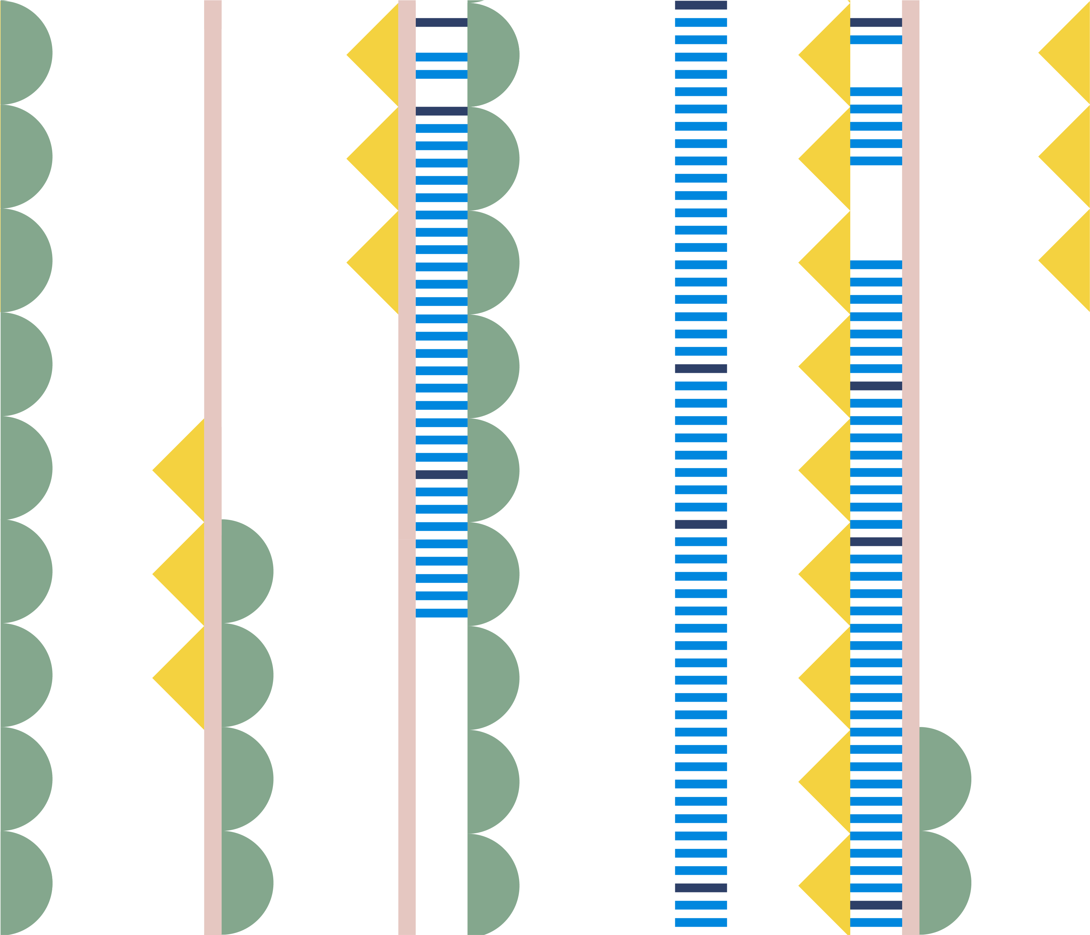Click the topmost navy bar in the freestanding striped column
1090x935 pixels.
(701, 5)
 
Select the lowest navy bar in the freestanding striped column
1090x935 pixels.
(701, 888)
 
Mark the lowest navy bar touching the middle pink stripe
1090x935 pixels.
(441, 474)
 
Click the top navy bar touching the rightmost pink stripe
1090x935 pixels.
(876, 22)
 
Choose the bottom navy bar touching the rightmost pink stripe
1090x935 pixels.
(876, 905)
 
